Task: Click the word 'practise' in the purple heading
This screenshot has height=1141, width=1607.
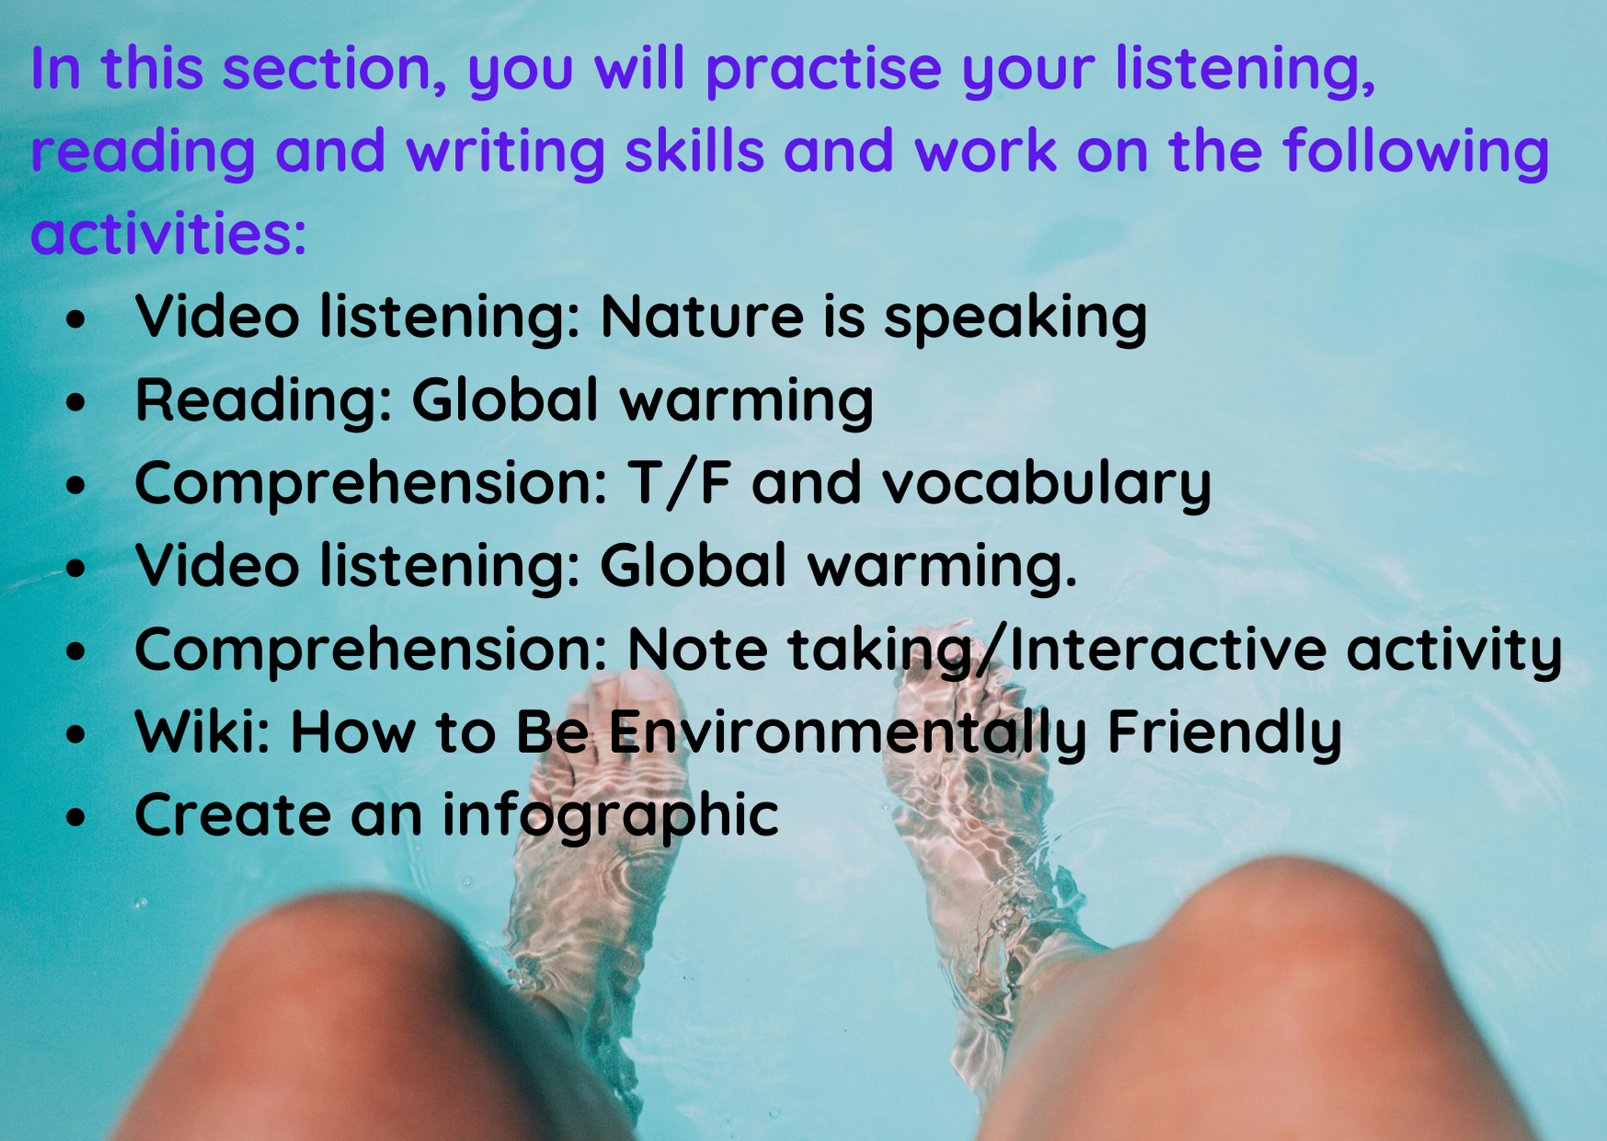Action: tap(823, 69)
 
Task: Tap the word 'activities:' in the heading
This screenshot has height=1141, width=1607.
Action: tap(168, 233)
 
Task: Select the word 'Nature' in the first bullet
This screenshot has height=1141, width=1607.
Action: tap(702, 316)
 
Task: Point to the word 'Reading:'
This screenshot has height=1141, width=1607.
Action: tap(263, 400)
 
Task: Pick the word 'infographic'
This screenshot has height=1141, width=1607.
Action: tap(611, 815)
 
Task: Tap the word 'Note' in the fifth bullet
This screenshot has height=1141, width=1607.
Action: tap(697, 649)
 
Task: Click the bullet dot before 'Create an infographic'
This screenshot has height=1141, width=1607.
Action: tap(75, 816)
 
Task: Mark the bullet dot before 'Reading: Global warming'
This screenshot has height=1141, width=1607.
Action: tap(75, 401)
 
